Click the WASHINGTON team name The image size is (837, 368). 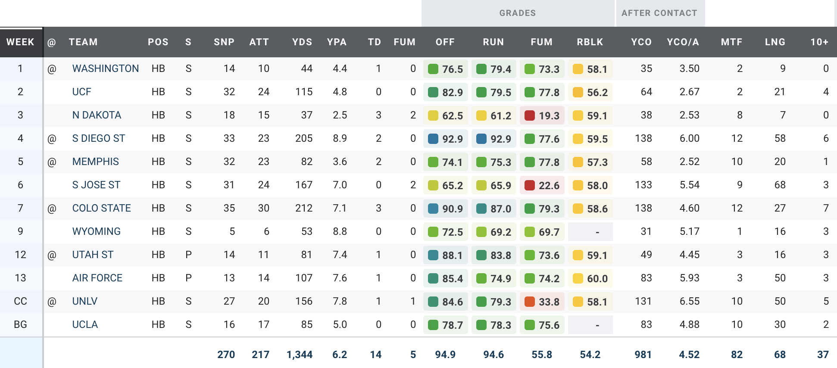(105, 69)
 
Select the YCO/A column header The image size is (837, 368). (683, 42)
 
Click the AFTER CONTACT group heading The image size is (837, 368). (659, 13)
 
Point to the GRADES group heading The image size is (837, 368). (517, 13)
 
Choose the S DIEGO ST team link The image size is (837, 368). (98, 139)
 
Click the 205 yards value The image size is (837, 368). (304, 139)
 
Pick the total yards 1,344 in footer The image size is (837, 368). (300, 355)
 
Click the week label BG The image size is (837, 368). (20, 325)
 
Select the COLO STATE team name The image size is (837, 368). (101, 209)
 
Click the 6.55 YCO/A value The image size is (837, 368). (689, 302)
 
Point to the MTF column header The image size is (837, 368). (731, 42)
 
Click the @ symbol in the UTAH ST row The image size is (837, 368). (52, 255)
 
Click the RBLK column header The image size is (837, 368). (590, 42)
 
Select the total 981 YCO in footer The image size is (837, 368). (643, 355)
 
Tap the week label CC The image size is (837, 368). (20, 302)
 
